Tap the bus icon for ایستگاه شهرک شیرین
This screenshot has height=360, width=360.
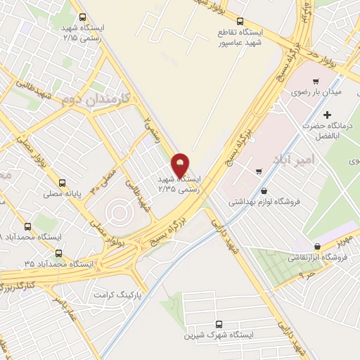click(220, 324)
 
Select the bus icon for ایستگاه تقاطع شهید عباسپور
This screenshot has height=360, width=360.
click(240, 21)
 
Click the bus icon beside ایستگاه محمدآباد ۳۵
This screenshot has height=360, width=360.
click(58, 253)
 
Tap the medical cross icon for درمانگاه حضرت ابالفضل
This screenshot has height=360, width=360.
click(326, 115)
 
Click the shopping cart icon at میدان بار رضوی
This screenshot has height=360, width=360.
click(316, 82)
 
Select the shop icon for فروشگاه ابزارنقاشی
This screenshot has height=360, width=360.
click(319, 246)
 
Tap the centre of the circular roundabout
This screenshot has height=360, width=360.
click(117, 210)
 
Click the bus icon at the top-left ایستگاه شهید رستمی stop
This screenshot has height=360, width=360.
click(83, 16)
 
